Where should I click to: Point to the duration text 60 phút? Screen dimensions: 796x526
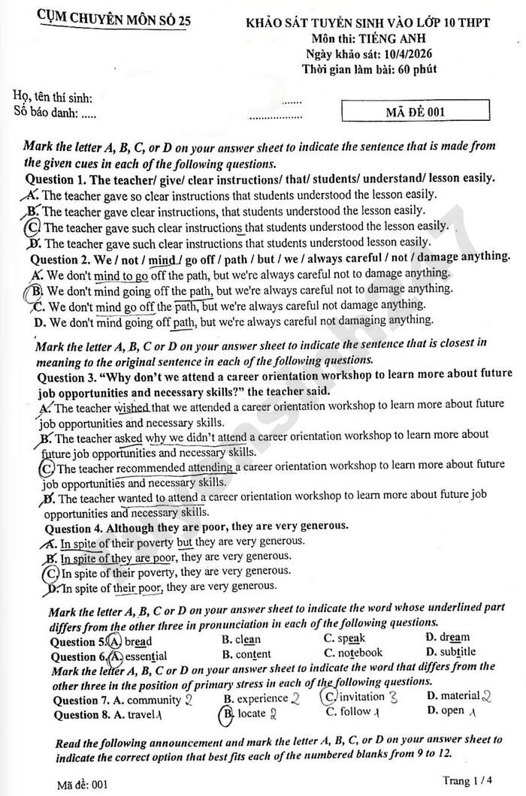(x=417, y=69)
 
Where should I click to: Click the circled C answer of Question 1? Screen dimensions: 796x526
(x=32, y=226)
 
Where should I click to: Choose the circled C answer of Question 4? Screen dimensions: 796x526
(x=51, y=572)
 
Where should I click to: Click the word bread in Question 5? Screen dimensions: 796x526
(x=138, y=641)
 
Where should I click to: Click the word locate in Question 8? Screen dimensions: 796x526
(x=251, y=713)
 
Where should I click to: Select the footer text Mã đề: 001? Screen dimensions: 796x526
(x=83, y=784)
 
